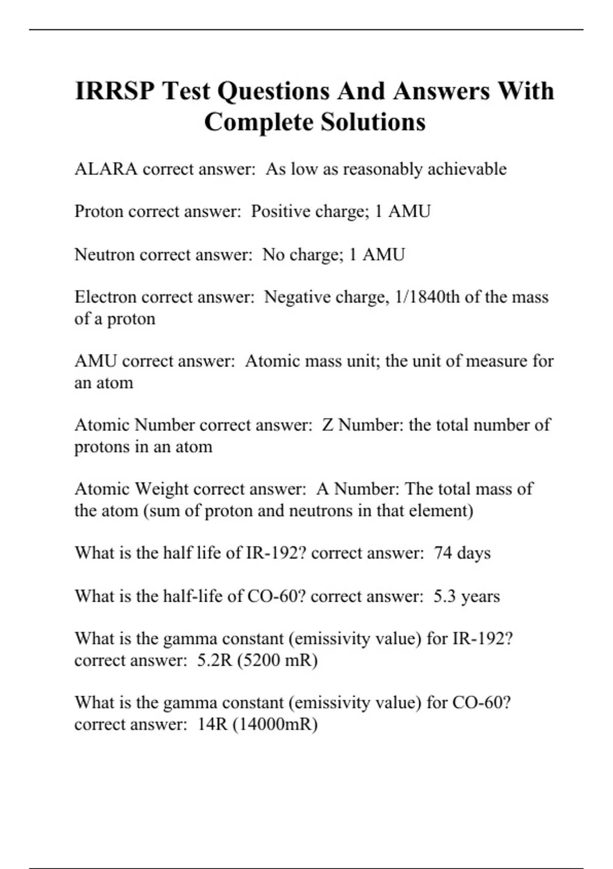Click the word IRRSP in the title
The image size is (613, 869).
coord(114,91)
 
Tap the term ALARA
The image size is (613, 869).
coord(106,169)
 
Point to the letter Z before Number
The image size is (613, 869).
coord(327,425)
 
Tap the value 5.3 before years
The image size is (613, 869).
coord(444,596)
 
